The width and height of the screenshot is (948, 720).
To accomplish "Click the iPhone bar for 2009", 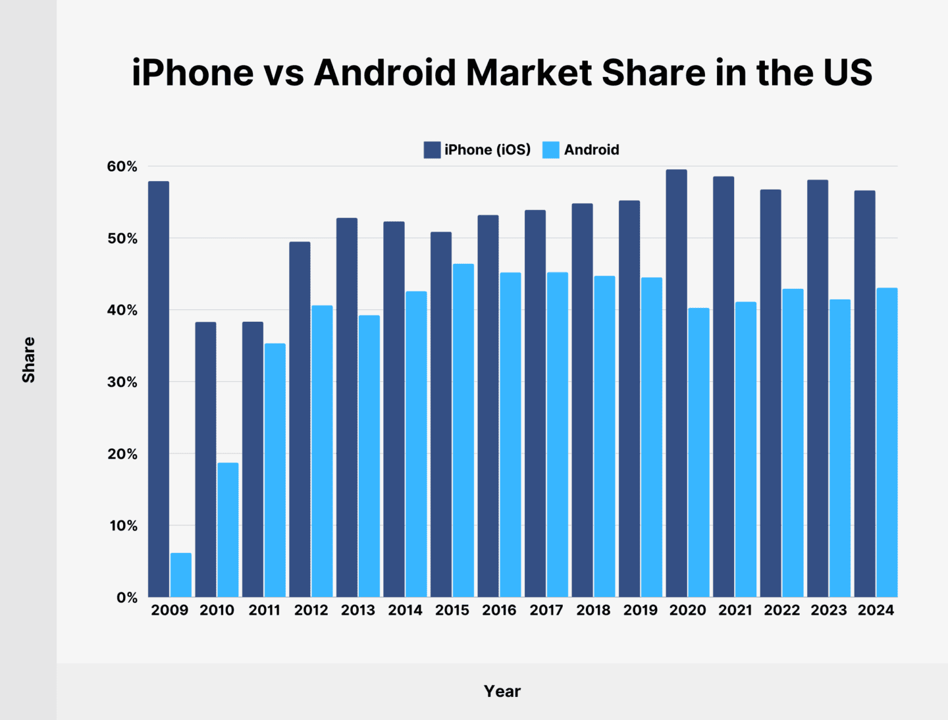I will [159, 389].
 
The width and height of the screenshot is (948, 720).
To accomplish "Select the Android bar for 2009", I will [181, 575].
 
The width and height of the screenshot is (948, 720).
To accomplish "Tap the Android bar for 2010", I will [228, 530].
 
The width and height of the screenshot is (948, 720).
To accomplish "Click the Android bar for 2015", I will [463, 430].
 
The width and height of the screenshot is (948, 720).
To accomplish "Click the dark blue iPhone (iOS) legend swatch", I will [432, 150].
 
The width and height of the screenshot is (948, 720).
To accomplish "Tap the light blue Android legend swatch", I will [551, 150].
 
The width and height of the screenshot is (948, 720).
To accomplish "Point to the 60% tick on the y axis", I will [122, 167].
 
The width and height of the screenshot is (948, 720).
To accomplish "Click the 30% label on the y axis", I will [122, 382].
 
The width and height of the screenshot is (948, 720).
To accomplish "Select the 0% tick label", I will [126, 598].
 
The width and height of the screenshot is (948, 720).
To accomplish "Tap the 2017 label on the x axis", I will [546, 610].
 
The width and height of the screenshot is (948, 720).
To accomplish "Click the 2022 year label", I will [781, 610].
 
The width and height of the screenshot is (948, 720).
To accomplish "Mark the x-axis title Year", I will [502, 691].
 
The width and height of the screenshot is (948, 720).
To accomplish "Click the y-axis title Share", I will [28, 360].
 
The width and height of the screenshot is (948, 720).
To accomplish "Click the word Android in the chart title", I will [384, 72].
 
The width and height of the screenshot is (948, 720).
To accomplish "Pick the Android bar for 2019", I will [652, 437].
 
